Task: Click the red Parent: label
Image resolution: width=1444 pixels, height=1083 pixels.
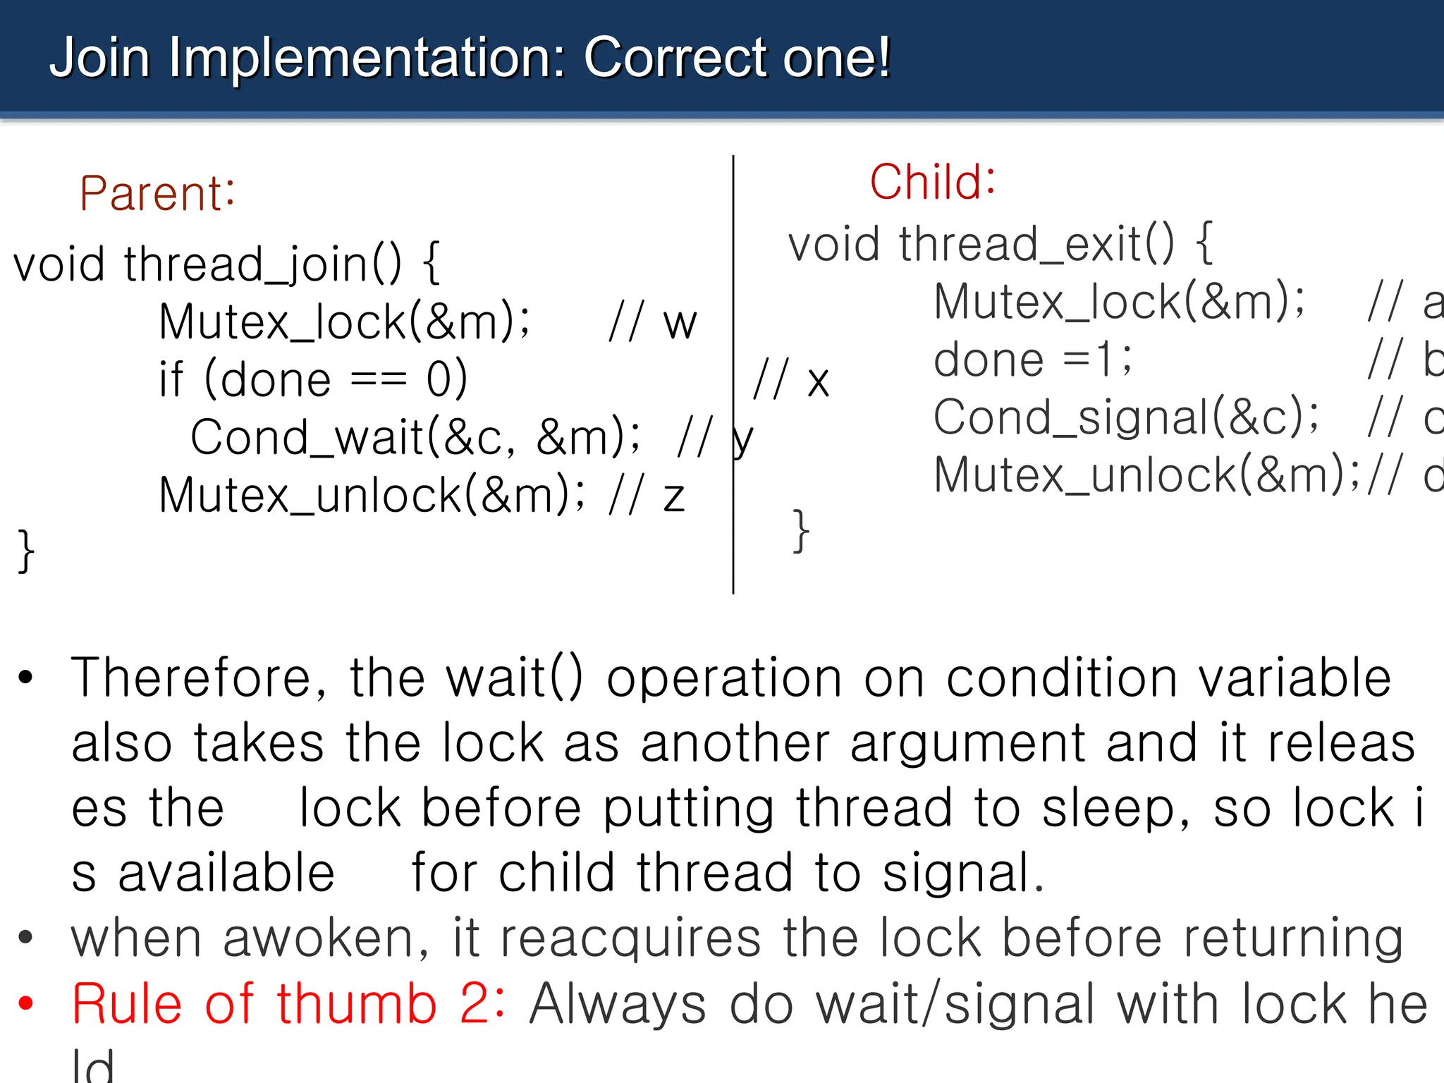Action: tap(157, 193)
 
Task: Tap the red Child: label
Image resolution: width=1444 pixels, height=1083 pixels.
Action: tap(932, 182)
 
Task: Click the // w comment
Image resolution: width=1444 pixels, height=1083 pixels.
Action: tap(652, 323)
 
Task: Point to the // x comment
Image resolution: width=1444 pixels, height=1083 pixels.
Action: tap(790, 381)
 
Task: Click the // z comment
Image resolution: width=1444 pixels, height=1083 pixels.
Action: tap(647, 495)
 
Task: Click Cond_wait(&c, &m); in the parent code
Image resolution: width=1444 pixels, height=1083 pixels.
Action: tap(415, 437)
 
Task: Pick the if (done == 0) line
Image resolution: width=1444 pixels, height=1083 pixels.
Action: tap(313, 379)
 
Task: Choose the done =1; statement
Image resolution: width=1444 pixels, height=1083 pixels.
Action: tap(1032, 360)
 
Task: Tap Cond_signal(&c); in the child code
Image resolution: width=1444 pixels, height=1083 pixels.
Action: tap(1125, 417)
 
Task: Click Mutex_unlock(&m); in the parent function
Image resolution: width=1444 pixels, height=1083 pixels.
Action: tap(372, 495)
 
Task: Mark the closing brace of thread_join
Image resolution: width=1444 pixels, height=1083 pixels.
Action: tap(26, 551)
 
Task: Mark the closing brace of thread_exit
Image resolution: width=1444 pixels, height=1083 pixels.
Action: tap(800, 531)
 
